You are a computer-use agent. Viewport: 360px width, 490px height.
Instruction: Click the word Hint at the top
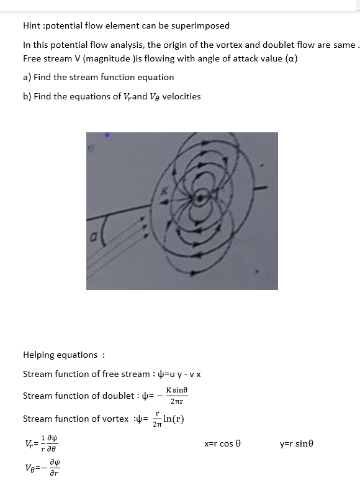(31, 25)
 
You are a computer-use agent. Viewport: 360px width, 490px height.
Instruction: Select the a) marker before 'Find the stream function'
(27, 77)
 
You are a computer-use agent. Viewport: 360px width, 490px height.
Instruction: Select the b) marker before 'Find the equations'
(27, 96)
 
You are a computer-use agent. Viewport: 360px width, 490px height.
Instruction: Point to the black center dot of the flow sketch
(200, 199)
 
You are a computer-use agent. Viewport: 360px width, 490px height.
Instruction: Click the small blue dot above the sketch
(108, 134)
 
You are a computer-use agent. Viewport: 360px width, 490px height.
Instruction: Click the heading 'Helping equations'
(61, 355)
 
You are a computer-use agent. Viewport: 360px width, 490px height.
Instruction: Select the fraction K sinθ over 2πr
(176, 396)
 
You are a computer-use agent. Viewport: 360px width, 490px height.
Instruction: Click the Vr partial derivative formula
(41, 443)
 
